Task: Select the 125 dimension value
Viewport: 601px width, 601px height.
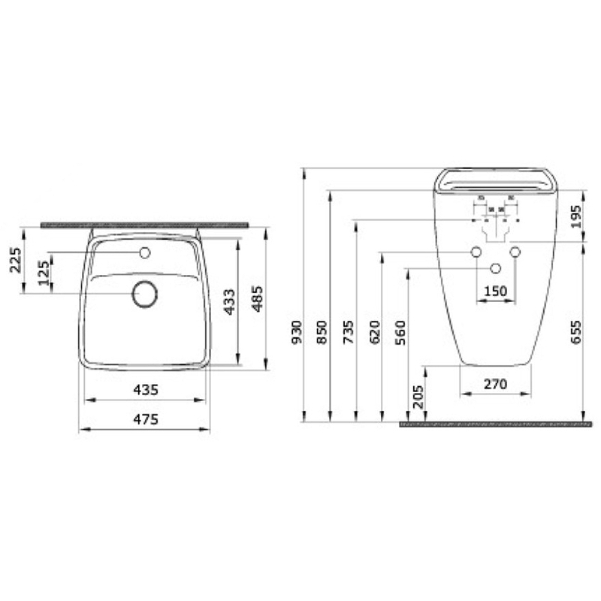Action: click(44, 273)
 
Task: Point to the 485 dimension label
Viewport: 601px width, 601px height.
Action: click(257, 298)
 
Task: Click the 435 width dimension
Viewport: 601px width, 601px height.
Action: click(144, 390)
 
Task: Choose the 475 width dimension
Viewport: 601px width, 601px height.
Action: click(144, 421)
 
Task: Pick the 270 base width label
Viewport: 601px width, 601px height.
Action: click(495, 384)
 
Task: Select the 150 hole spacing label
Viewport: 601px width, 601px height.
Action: click(494, 291)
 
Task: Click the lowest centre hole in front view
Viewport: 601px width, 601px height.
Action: click(495, 268)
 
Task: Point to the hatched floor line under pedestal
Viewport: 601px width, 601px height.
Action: click(496, 424)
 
